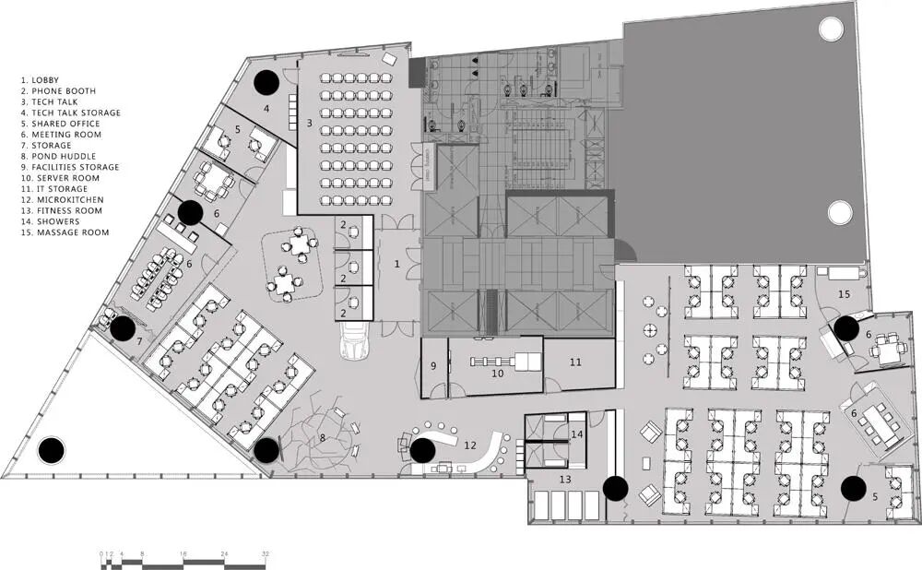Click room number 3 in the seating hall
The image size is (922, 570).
click(x=309, y=123)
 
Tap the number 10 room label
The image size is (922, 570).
click(x=498, y=373)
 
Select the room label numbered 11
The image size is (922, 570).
click(x=575, y=362)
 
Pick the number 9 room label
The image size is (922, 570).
click(x=433, y=366)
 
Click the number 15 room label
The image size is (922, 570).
click(x=844, y=294)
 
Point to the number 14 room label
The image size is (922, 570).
click(x=577, y=434)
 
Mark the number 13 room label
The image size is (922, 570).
click(x=565, y=480)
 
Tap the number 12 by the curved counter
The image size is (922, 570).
click(x=470, y=445)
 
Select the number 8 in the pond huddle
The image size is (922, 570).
click(x=322, y=437)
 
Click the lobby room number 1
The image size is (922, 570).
click(x=396, y=264)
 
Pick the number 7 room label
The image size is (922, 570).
click(x=139, y=341)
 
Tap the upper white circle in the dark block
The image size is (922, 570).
click(x=831, y=29)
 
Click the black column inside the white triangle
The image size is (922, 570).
click(x=52, y=451)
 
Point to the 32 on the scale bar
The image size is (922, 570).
click(x=266, y=554)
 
